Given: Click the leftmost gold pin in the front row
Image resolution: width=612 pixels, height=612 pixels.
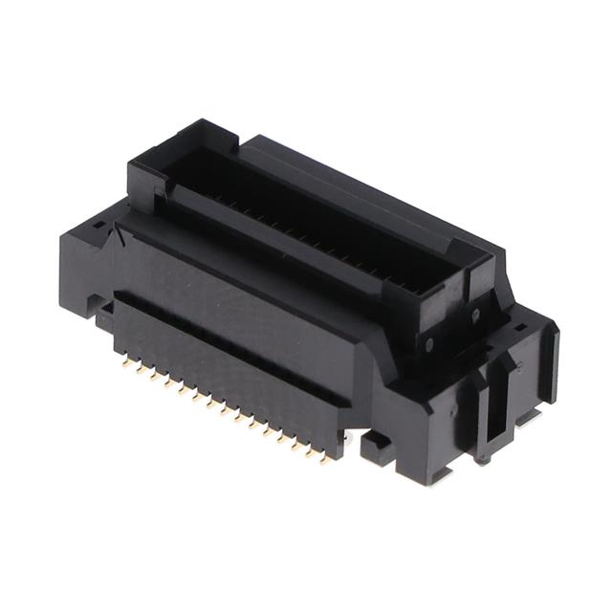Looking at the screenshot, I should (x=127, y=363).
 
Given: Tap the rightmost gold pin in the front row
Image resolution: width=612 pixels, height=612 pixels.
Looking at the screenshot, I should (x=324, y=459).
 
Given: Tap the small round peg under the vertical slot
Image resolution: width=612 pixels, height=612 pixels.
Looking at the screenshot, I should (x=483, y=459).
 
